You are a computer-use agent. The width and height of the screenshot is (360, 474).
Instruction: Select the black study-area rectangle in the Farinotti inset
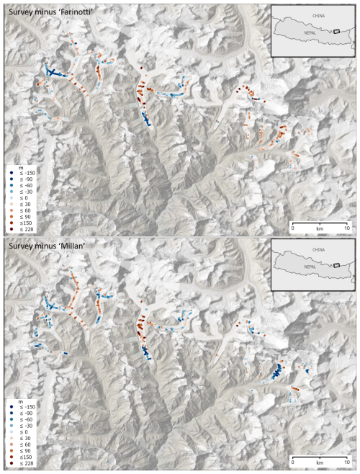pos(335,32)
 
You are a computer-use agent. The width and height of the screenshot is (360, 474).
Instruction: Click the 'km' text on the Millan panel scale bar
pos(320,464)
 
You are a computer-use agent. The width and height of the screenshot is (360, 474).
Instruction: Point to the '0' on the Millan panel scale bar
pos(293,464)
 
